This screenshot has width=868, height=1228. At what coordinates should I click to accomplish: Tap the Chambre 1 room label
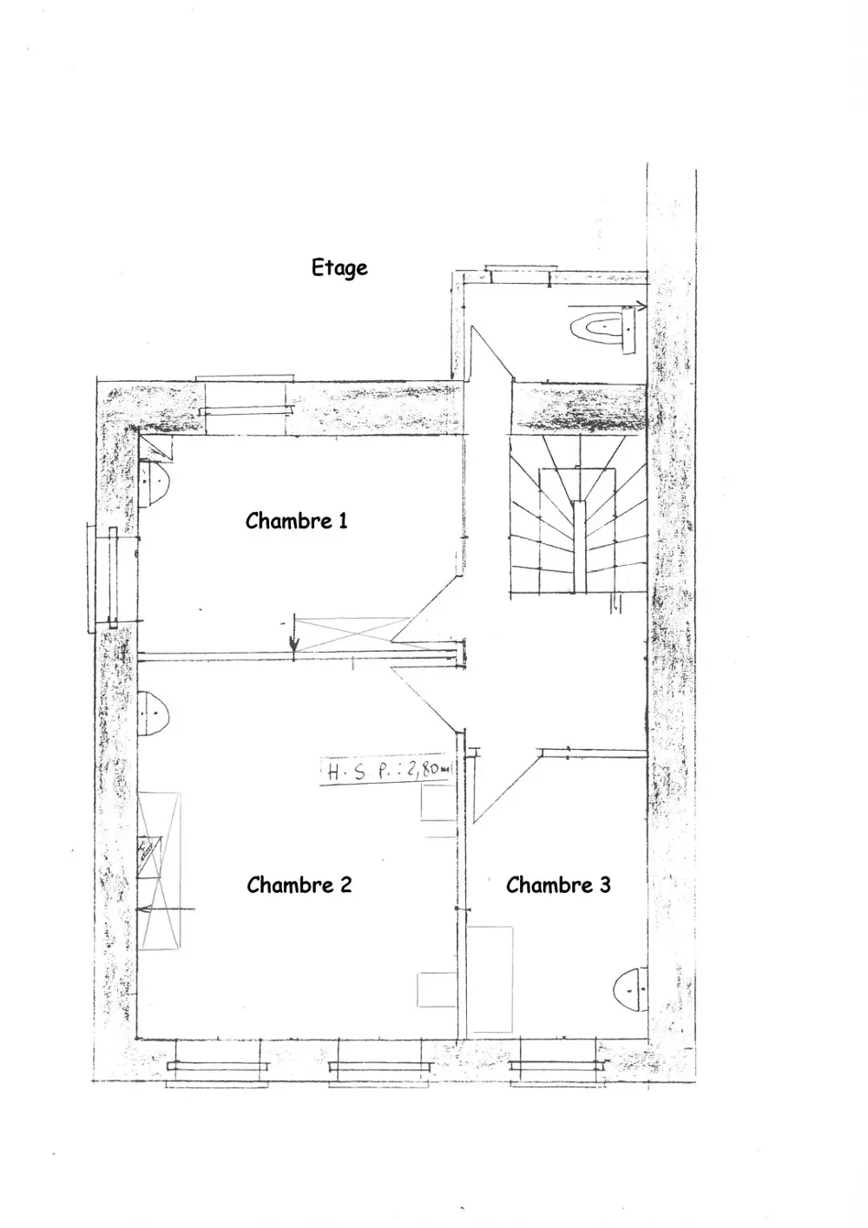click(296, 521)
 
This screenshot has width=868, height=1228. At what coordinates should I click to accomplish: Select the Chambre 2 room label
click(299, 885)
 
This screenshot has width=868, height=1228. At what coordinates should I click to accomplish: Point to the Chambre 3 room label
click(558, 885)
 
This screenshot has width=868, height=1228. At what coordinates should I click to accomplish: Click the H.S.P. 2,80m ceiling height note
click(386, 770)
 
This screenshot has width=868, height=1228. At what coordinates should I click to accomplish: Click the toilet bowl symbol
click(602, 328)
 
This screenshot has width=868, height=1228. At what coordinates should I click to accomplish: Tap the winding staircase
click(578, 514)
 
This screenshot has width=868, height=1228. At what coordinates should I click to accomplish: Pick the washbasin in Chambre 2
click(153, 713)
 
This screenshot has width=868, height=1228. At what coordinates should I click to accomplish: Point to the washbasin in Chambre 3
click(630, 990)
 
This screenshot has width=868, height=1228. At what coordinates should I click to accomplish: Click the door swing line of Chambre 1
click(425, 607)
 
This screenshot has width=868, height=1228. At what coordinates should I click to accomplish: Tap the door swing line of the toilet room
click(492, 352)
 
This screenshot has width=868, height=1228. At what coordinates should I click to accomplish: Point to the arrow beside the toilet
click(608, 305)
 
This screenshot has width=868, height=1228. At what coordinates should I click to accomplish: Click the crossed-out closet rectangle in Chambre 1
click(353, 634)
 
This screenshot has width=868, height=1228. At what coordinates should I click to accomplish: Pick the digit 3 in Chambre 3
click(605, 885)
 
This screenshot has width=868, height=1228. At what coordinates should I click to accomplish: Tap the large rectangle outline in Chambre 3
click(490, 979)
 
